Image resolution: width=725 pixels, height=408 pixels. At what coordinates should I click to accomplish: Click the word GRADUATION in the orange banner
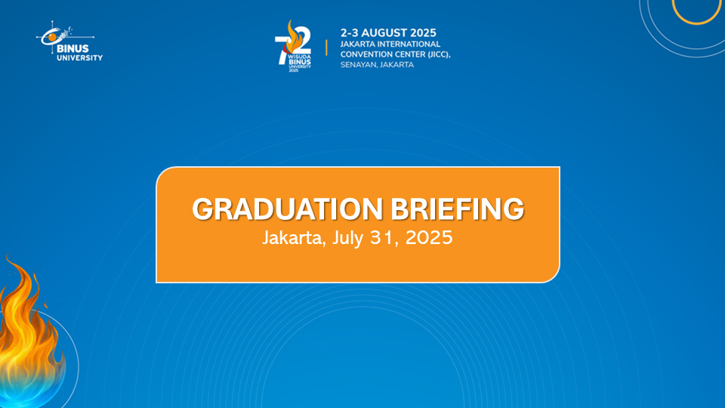point(287,209)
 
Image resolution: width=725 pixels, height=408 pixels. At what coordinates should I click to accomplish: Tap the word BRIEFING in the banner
point(458,209)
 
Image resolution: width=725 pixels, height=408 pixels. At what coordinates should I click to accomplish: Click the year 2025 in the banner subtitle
point(429,238)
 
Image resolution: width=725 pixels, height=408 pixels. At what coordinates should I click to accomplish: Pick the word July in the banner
point(347,238)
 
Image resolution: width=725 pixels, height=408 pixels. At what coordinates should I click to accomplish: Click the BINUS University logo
point(69,41)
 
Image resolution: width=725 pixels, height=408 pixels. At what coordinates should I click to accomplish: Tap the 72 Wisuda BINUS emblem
point(293,46)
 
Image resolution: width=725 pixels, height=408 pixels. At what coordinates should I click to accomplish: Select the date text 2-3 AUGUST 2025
point(388,32)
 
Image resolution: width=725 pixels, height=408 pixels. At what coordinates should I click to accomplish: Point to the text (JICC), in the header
point(439,54)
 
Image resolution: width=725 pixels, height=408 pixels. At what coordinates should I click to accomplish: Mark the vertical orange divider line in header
point(326,48)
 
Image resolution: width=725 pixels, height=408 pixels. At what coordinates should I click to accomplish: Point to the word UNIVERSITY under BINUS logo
point(79,58)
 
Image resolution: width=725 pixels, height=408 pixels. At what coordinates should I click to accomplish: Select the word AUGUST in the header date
point(384,32)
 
